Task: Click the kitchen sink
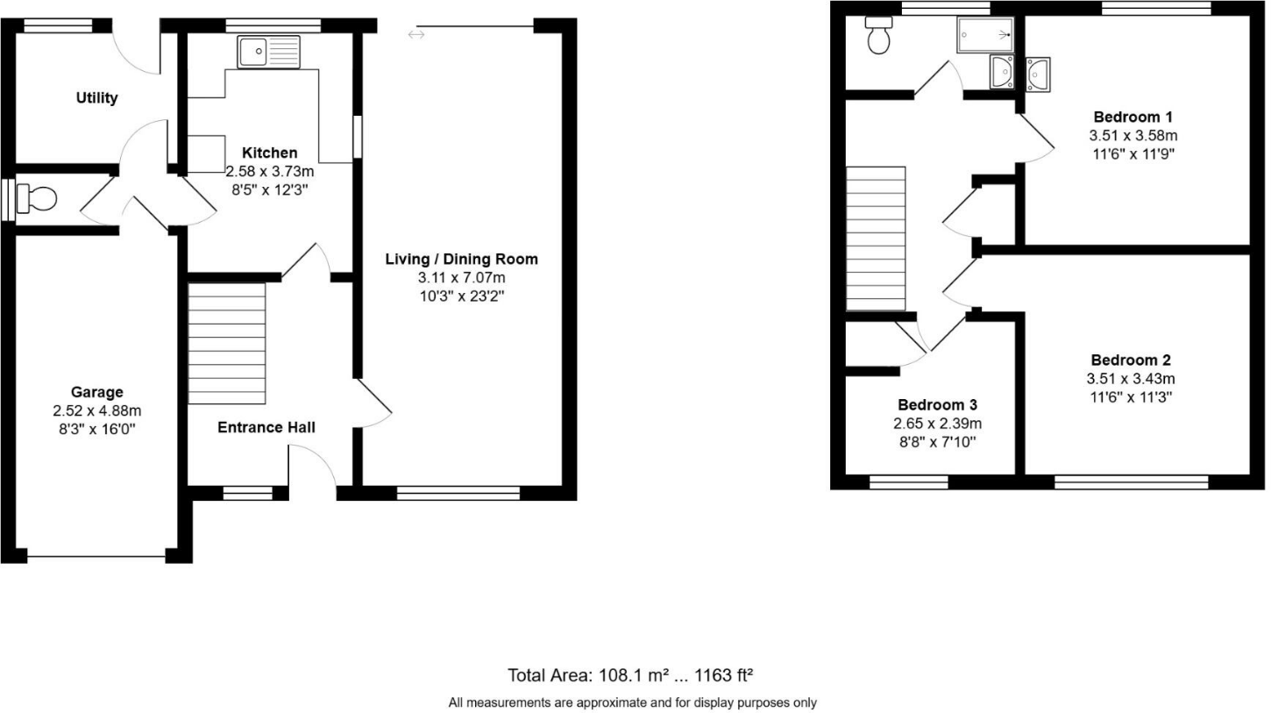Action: pyautogui.click(x=268, y=52)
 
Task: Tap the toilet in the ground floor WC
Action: pyautogui.click(x=37, y=199)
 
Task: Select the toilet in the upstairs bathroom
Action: pyautogui.click(x=878, y=35)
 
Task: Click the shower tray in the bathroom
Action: pyautogui.click(x=985, y=35)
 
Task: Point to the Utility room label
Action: pyautogui.click(x=96, y=98)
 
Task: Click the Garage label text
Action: pyautogui.click(x=97, y=392)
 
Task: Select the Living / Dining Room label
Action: pyautogui.click(x=462, y=259)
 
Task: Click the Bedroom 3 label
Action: pyautogui.click(x=937, y=405)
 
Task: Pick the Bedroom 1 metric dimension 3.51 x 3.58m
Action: pyautogui.click(x=1133, y=136)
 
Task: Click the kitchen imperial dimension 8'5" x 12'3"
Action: pyautogui.click(x=269, y=189)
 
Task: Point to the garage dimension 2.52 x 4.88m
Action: pyautogui.click(x=97, y=410)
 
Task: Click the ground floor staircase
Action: pyautogui.click(x=227, y=343)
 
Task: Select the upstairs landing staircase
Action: pyautogui.click(x=875, y=239)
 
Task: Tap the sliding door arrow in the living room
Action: pyautogui.click(x=416, y=34)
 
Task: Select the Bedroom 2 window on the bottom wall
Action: pyautogui.click(x=1131, y=481)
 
